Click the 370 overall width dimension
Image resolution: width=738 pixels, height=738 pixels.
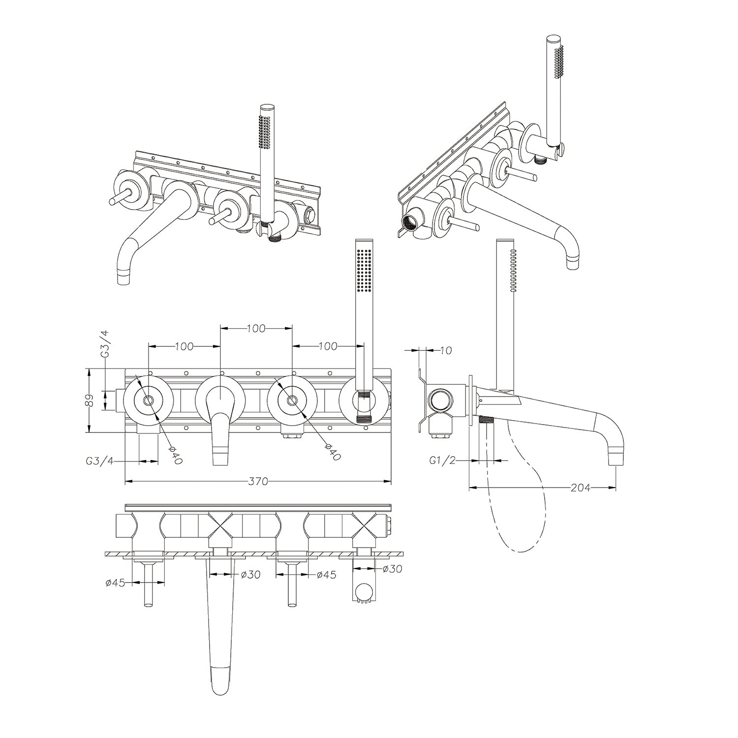click(258, 482)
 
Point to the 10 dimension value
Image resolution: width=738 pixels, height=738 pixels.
click(446, 350)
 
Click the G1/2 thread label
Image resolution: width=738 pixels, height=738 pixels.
click(441, 461)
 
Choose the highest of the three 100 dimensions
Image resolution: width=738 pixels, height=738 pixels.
click(256, 328)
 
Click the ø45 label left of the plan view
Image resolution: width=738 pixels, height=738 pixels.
click(116, 583)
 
